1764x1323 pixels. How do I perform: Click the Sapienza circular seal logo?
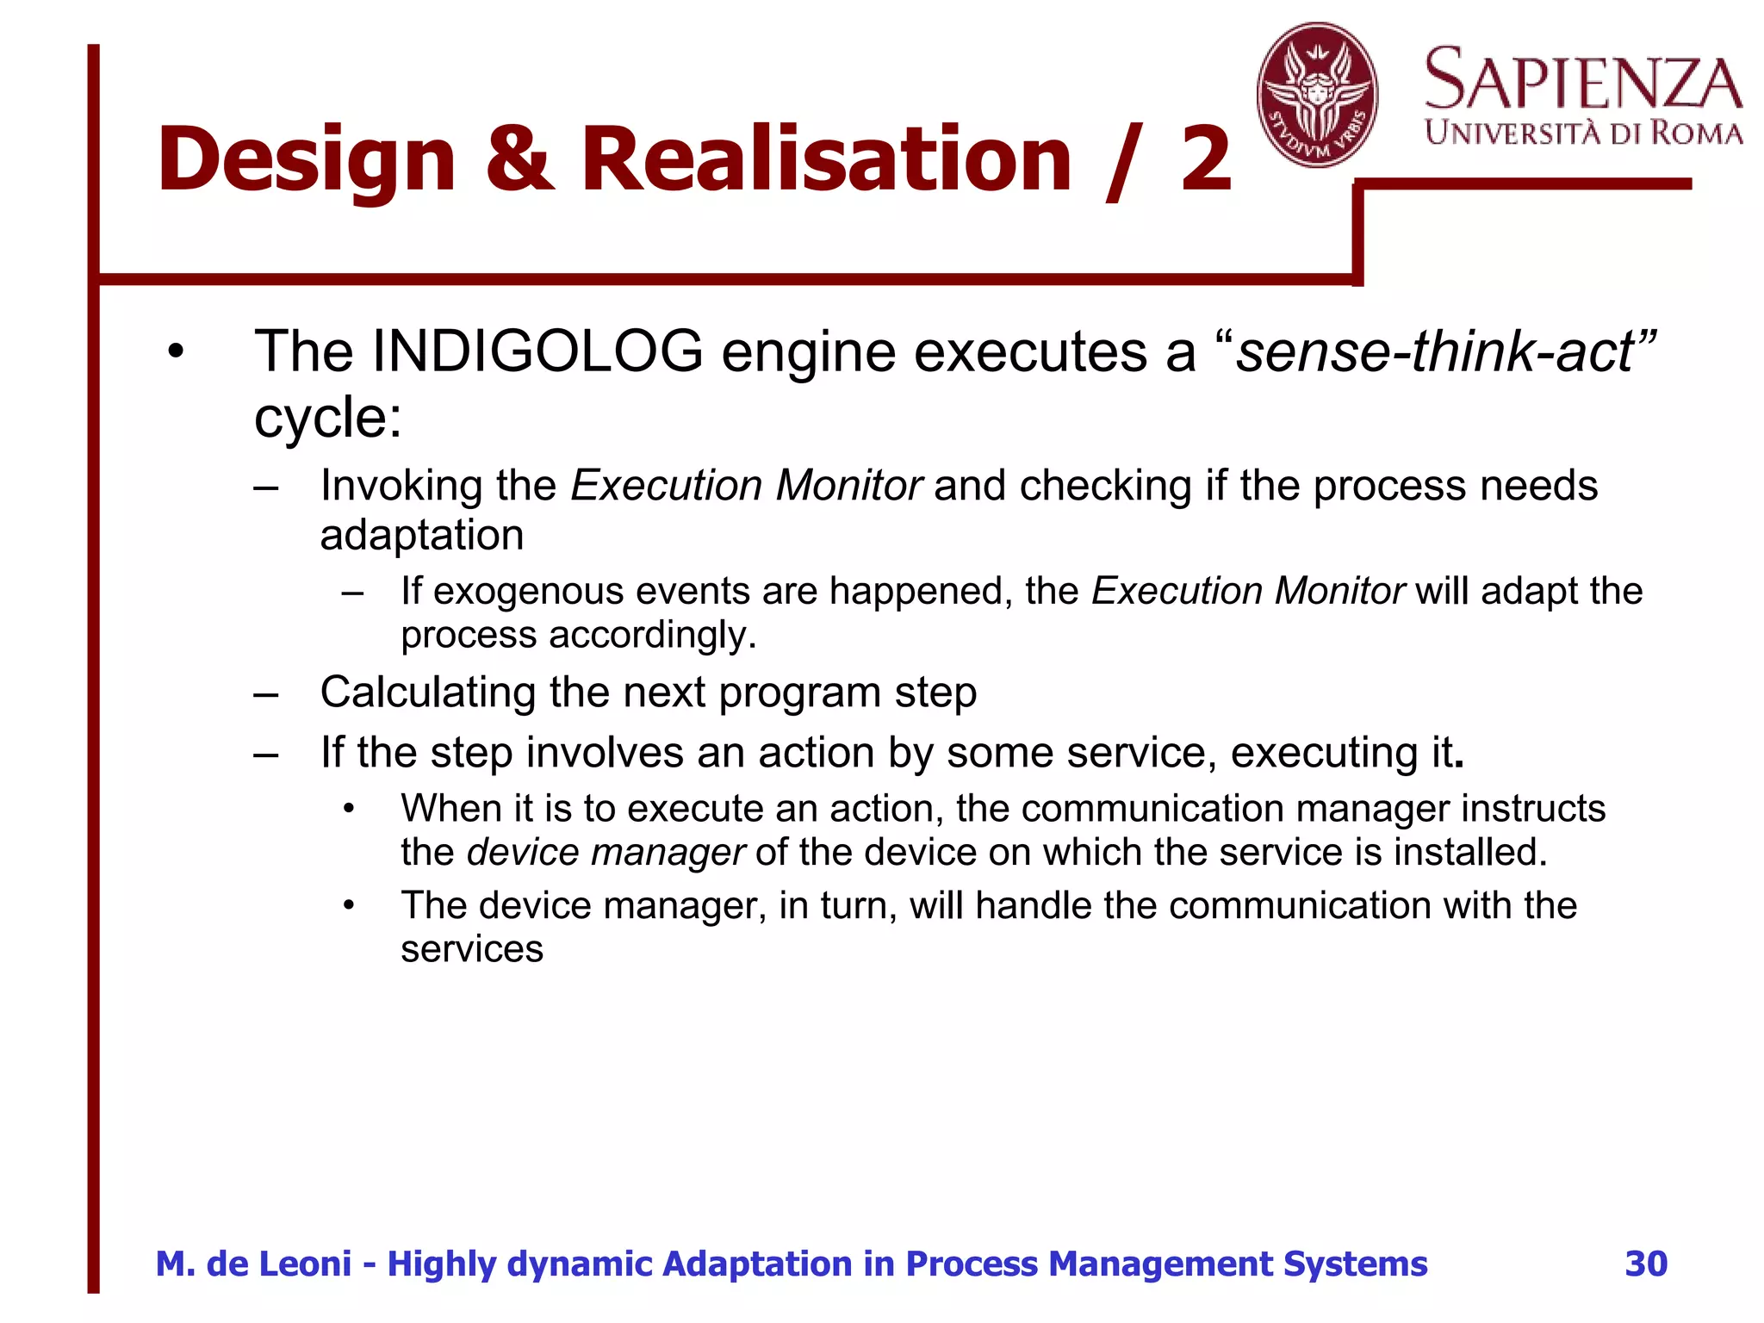1317,95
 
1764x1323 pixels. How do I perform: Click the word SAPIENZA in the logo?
1583,80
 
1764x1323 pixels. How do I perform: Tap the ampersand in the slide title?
519,159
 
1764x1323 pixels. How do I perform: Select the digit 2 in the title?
1205,159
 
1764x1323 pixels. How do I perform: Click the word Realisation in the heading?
826,159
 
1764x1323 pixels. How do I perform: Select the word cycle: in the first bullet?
328,418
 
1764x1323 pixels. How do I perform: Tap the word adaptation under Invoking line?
422,535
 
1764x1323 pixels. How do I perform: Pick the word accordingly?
653,635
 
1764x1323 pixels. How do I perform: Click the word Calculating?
427,693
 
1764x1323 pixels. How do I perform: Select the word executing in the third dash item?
1323,753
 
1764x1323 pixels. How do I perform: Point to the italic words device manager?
606,852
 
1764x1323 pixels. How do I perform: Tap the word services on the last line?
472,949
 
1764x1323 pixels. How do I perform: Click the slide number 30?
1646,1264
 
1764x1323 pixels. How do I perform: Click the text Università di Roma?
1583,134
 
